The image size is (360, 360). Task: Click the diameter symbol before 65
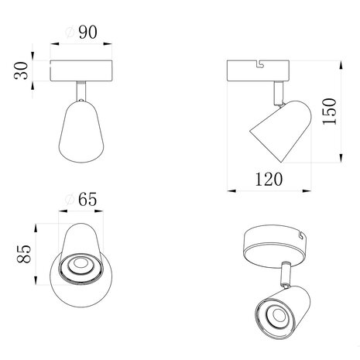coord(69,200)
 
